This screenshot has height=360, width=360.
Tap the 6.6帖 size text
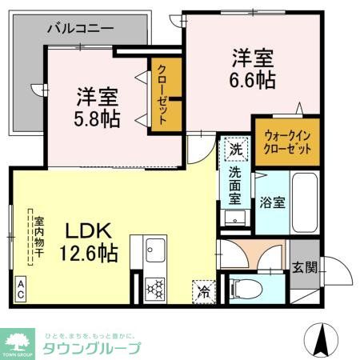tap(254, 80)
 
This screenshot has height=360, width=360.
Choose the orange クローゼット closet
tap(161, 96)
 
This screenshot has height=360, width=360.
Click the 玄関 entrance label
tap(303, 267)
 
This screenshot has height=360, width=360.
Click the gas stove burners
tap(154, 287)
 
